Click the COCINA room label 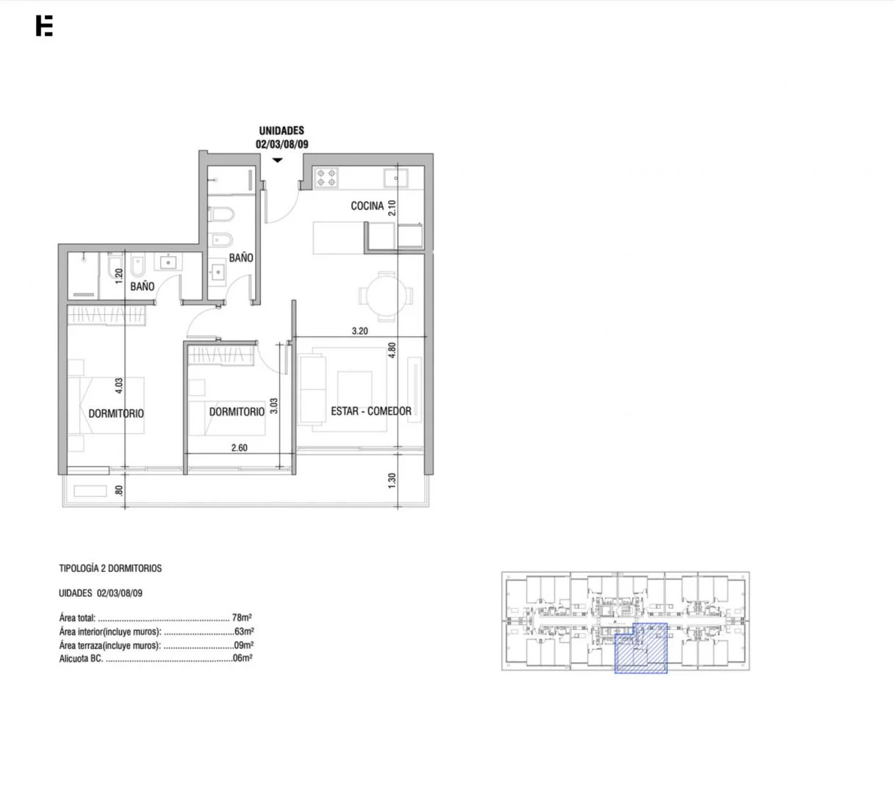[x=367, y=206]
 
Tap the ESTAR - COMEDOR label [x=371, y=411]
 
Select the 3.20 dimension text [x=359, y=330]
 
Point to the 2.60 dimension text [x=240, y=448]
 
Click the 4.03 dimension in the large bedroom [x=119, y=385]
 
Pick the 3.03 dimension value [x=274, y=406]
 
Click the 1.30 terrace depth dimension [x=392, y=481]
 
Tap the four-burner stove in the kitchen [x=326, y=178]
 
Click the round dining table [x=386, y=296]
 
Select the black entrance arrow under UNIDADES [x=278, y=160]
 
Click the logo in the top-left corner [x=44, y=26]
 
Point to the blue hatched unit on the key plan [x=641, y=648]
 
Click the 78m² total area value [x=242, y=618]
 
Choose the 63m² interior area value [x=244, y=631]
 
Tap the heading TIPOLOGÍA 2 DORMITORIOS [x=110, y=568]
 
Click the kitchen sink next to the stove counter [x=396, y=178]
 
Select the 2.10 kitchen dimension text [x=392, y=208]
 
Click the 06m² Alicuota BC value [x=242, y=658]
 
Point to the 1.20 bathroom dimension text [x=119, y=276]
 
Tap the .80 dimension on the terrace [x=119, y=490]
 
